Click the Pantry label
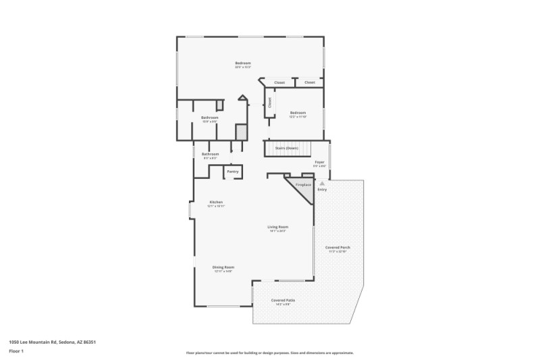232,172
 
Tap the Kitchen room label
216,202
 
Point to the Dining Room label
223,267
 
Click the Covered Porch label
337,247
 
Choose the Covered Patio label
283,300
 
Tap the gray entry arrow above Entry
322,183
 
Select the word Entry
322,190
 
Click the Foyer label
320,163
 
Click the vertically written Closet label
270,103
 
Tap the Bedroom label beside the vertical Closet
298,112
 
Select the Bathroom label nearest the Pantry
210,154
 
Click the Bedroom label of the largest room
243,63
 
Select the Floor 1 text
16,351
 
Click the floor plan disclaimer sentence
270,353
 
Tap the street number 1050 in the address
14,342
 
